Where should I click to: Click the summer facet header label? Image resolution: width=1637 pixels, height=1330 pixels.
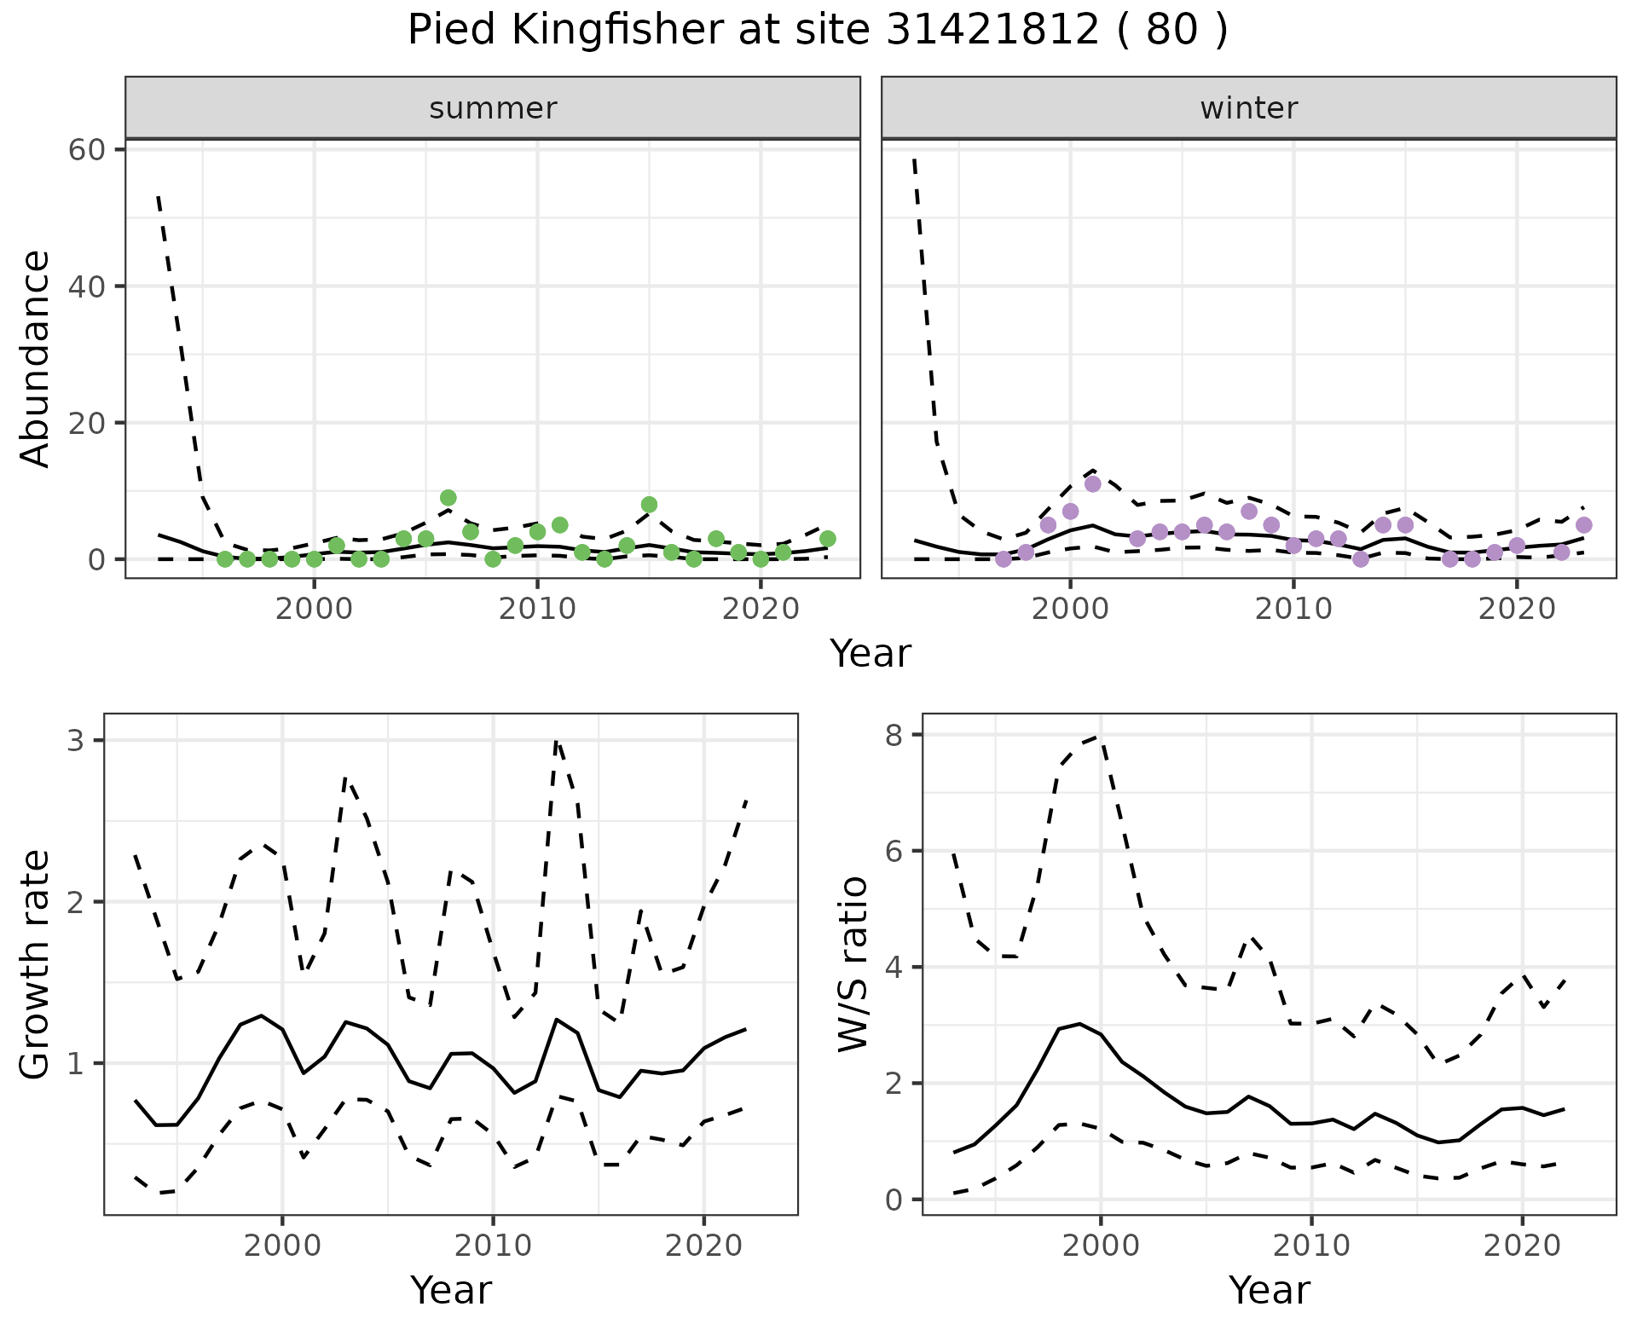pos(493,108)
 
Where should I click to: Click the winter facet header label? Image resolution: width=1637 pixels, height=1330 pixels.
pos(1248,108)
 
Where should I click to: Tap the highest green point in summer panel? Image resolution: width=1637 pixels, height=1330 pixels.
pos(448,498)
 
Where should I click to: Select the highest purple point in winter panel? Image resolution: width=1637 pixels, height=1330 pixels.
pos(1093,484)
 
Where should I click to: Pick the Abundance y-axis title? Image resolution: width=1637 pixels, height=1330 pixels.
pos(36,358)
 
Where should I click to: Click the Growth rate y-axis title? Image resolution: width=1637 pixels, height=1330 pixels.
pos(36,964)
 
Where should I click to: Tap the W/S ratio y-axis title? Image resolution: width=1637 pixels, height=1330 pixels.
pos(853,964)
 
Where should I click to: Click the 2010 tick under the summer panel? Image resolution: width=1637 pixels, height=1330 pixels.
pos(537,609)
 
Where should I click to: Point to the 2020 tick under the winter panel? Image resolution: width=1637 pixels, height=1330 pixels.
pos(1516,609)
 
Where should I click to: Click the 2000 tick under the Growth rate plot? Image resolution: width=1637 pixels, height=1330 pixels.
pos(282,1246)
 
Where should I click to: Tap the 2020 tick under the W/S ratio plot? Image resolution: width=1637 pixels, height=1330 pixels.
pos(1522,1246)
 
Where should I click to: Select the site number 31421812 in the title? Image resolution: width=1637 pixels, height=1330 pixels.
pos(992,32)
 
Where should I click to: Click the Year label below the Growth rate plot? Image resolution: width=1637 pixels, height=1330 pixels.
pos(451,1290)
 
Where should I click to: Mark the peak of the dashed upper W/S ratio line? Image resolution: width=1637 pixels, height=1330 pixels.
pos(1100,736)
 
